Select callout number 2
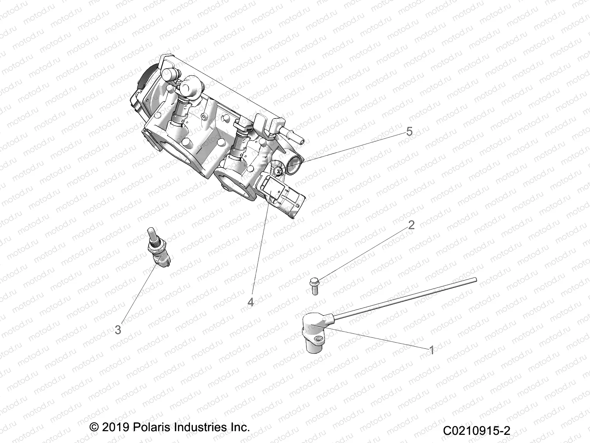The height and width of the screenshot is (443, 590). click(x=411, y=225)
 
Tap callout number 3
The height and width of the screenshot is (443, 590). click(x=118, y=329)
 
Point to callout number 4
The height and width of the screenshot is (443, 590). click(x=250, y=302)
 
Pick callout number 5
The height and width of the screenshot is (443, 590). click(x=409, y=132)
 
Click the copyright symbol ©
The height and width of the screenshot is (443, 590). click(x=94, y=428)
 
